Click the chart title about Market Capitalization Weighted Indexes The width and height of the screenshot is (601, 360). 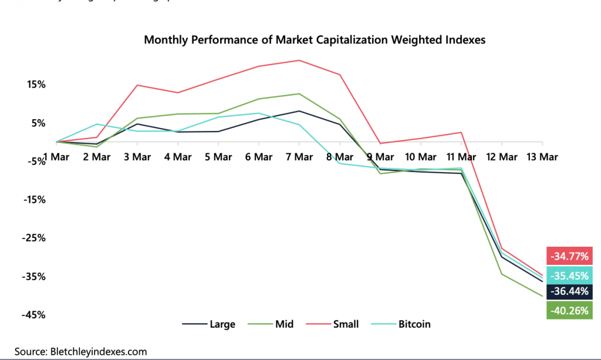click(x=315, y=40)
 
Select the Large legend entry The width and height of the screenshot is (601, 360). click(x=208, y=324)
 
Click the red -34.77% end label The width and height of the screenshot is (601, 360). click(x=569, y=256)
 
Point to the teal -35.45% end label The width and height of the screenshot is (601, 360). click(x=569, y=274)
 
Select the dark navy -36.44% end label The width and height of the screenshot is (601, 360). click(x=569, y=292)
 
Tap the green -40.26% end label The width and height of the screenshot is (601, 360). click(x=569, y=311)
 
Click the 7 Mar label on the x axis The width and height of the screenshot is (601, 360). click(x=299, y=157)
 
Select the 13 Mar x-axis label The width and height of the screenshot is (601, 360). click(x=542, y=157)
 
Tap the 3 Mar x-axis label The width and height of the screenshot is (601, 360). click(x=137, y=157)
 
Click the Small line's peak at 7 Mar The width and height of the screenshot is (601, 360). click(x=299, y=60)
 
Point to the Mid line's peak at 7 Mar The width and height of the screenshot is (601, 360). click(x=299, y=94)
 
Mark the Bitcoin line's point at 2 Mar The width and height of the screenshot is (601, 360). click(x=97, y=124)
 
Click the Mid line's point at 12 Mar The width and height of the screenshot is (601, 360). click(x=502, y=274)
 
